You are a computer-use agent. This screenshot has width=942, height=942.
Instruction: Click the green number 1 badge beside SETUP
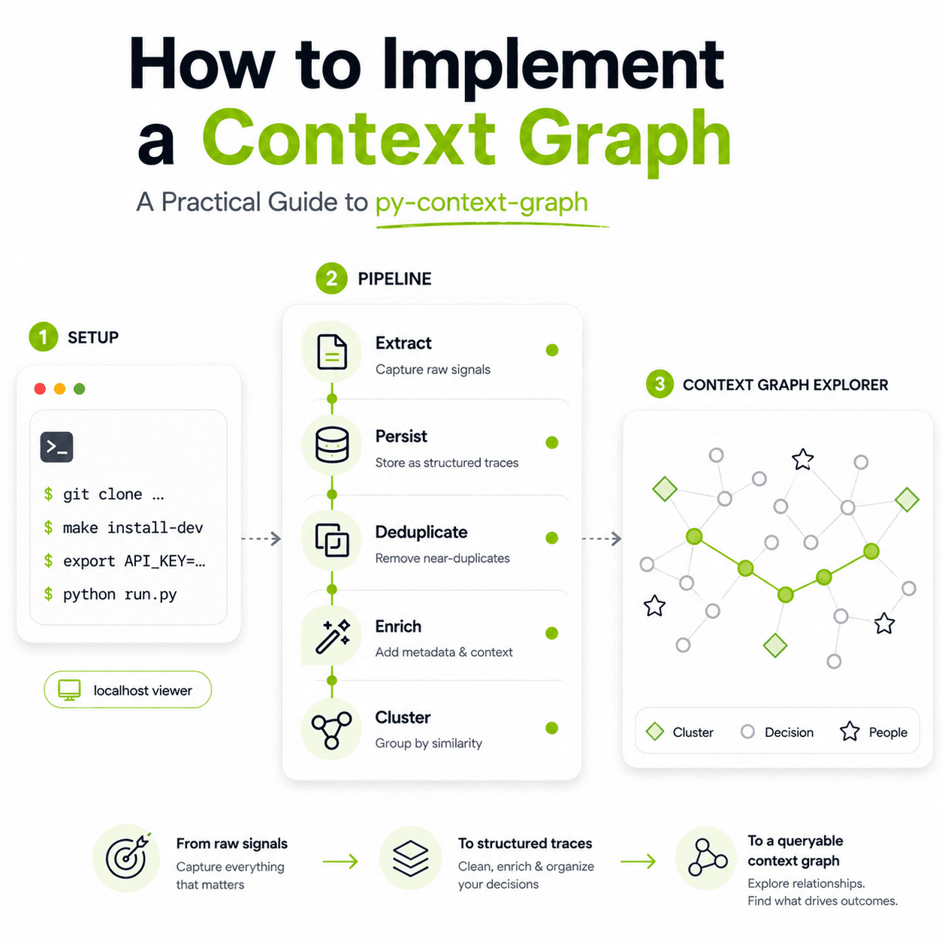pyautogui.click(x=43, y=337)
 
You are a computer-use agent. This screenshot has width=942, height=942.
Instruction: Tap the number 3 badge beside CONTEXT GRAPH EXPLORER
pyautogui.click(x=660, y=385)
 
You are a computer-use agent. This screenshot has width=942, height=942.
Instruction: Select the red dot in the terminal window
pyautogui.click(x=40, y=388)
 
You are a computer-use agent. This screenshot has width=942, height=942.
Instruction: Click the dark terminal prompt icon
pyautogui.click(x=56, y=447)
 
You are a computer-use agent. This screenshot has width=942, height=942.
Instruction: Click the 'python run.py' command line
pyautogui.click(x=119, y=594)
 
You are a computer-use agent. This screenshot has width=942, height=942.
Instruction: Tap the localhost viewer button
pyautogui.click(x=128, y=690)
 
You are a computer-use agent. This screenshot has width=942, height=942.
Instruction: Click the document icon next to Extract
pyautogui.click(x=332, y=352)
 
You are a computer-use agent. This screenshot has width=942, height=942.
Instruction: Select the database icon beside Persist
pyautogui.click(x=332, y=444)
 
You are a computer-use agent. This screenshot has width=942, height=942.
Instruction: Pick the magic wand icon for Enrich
pyautogui.click(x=332, y=636)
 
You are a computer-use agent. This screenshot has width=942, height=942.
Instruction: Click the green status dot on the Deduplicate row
pyautogui.click(x=552, y=538)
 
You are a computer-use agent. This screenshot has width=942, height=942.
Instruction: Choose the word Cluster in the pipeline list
pyautogui.click(x=403, y=717)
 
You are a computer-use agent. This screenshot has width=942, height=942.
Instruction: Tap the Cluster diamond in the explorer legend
pyautogui.click(x=655, y=732)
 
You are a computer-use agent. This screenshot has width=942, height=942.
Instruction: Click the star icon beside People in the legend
pyautogui.click(x=850, y=732)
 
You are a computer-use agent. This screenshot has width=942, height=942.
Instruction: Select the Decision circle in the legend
pyautogui.click(x=747, y=732)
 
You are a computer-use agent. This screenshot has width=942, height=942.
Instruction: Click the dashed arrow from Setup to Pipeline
pyautogui.click(x=261, y=539)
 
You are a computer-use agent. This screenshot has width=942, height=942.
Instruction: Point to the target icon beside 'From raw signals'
pyautogui.click(x=126, y=858)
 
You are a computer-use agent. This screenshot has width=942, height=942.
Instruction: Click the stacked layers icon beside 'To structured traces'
pyautogui.click(x=411, y=858)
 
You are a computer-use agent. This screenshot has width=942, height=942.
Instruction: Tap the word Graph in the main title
pyautogui.click(x=623, y=140)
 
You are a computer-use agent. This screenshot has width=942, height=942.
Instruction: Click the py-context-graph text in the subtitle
pyautogui.click(x=482, y=202)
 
